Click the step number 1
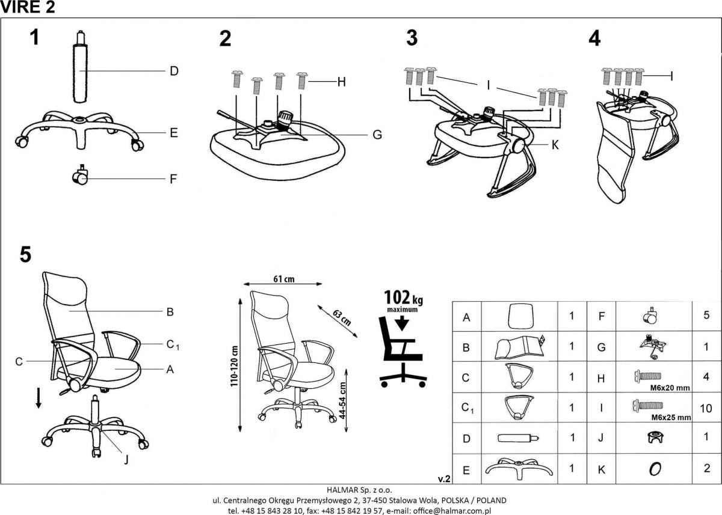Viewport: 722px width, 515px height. point(35,37)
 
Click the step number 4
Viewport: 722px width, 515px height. point(594,38)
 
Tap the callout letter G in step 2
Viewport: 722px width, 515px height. point(377,135)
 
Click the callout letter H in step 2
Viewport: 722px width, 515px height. point(341,82)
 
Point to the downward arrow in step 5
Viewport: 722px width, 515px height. point(39,398)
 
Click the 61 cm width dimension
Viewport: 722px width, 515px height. point(283,279)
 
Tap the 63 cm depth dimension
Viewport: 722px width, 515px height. point(342,317)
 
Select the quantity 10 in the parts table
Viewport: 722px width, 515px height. point(706,408)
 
